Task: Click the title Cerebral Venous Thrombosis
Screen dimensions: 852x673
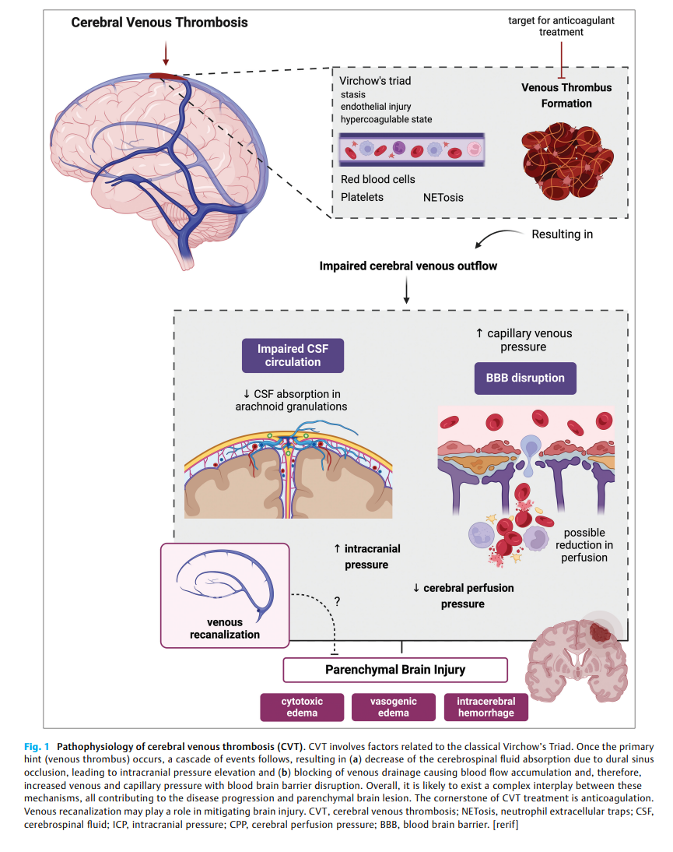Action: click(159, 23)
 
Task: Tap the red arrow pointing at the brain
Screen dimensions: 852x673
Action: click(165, 53)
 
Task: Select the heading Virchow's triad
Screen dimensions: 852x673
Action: click(375, 81)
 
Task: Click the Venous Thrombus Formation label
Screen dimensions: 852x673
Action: click(566, 95)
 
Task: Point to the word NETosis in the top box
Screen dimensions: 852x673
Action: click(443, 198)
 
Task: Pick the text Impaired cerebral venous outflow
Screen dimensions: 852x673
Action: click(408, 266)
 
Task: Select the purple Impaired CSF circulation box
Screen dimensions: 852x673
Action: click(292, 355)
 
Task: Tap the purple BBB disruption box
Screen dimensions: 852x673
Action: click(525, 378)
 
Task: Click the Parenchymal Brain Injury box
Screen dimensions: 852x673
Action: click(395, 670)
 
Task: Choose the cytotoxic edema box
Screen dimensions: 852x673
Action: click(302, 707)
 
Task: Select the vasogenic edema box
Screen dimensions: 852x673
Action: click(394, 707)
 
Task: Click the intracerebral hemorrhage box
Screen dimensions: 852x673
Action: click(485, 707)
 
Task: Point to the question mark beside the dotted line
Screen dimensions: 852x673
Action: click(338, 601)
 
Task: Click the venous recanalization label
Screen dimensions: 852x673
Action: click(225, 628)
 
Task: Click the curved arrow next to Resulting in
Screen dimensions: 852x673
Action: click(495, 239)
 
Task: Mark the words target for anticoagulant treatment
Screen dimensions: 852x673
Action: click(561, 26)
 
